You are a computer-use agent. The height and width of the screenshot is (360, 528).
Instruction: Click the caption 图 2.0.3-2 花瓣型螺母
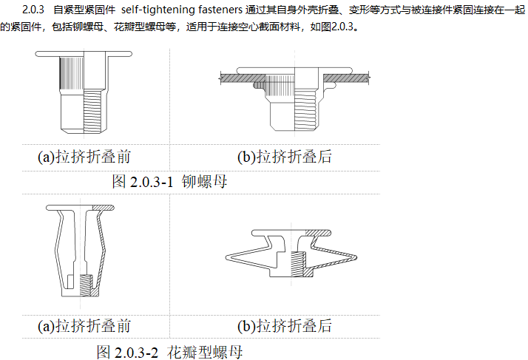pos(169,350)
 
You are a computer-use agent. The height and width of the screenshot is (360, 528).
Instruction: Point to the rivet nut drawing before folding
pos(83,93)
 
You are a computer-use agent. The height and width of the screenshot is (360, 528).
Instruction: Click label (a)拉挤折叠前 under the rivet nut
pos(84,157)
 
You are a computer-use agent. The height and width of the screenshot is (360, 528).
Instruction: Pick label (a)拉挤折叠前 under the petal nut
pos(84,326)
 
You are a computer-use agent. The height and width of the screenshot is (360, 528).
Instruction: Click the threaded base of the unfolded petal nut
pos(84,285)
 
